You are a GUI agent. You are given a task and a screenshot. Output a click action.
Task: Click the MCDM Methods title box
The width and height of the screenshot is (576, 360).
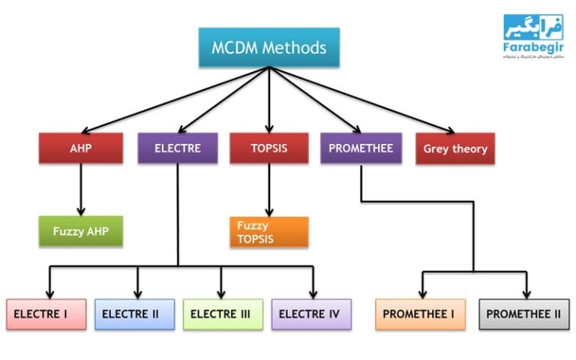[268, 47]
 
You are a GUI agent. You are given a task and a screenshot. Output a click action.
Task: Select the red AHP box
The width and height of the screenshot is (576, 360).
[80, 148]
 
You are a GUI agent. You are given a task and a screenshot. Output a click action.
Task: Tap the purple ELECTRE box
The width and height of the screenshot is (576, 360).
[178, 148]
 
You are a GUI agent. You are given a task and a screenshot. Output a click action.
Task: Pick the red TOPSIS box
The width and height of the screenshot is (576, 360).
[268, 148]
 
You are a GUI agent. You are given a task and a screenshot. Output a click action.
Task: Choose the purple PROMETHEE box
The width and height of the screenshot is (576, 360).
[360, 148]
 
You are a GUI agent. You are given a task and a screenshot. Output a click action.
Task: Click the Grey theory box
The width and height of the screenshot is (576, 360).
[454, 148]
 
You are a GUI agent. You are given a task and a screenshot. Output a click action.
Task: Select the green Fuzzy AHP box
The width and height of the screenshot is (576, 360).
[80, 232]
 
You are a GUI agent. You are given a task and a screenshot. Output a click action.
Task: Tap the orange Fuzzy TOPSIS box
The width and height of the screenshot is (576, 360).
[268, 232]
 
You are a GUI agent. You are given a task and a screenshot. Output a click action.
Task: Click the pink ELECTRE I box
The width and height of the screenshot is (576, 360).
[46, 314]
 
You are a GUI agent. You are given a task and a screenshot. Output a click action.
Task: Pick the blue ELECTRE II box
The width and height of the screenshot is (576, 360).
[135, 314]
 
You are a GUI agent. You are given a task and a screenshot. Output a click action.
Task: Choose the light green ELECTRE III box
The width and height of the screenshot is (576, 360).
[223, 314]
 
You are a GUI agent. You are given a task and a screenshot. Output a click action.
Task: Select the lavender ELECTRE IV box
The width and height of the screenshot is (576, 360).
[311, 314]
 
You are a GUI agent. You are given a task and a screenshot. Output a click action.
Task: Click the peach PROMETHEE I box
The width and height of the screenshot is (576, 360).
[420, 314]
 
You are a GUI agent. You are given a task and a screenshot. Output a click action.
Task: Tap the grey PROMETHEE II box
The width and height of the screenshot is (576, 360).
[523, 314]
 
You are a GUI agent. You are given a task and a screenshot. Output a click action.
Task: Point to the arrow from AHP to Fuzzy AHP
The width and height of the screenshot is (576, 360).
[80, 191]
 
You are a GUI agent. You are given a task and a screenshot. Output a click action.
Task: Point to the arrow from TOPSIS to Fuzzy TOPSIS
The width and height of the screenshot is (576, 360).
[268, 191]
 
